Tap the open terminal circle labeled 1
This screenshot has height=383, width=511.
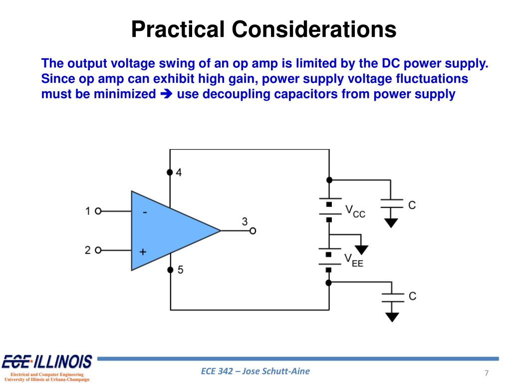tap(98, 211)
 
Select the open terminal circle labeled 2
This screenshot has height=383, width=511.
tap(98, 250)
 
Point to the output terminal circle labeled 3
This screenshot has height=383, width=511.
tap(253, 230)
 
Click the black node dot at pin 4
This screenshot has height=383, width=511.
tap(170, 173)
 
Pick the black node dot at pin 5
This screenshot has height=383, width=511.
tap(170, 270)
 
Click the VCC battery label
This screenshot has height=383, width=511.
tap(355, 211)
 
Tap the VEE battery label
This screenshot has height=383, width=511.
tap(354, 260)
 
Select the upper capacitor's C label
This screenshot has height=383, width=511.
tap(412, 205)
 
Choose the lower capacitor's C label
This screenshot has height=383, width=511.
tap(412, 296)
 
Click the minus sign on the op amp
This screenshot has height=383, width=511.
tap(144, 212)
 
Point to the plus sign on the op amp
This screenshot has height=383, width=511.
tap(143, 252)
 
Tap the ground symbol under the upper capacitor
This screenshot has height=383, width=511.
tap(391, 222)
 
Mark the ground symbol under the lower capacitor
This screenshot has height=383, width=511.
tap(393, 316)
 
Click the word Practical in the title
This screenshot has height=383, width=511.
tap(177, 29)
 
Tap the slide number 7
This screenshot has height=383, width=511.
tap(486, 374)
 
